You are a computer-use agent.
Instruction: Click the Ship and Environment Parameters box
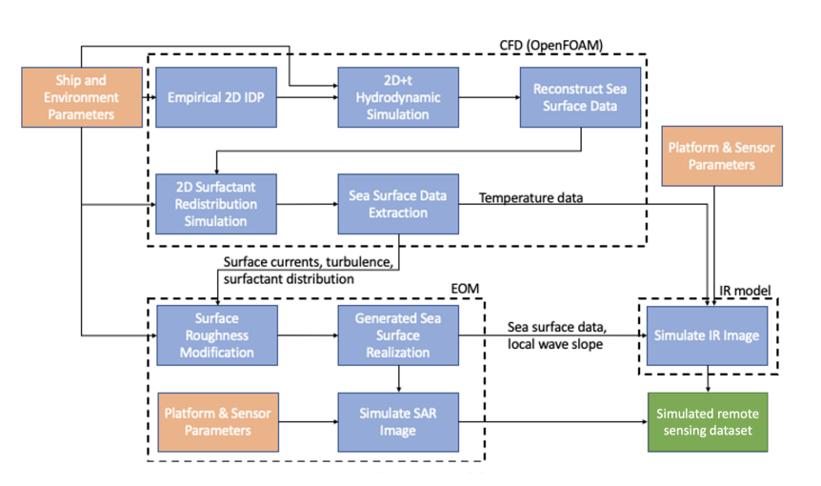[82, 97]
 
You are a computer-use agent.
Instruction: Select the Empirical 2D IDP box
[215, 97]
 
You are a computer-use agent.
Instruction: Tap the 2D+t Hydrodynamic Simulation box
[398, 97]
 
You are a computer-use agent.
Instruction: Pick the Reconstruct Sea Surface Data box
[580, 97]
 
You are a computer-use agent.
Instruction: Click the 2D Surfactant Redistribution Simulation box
[215, 204]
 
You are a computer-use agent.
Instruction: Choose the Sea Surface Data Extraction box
[398, 204]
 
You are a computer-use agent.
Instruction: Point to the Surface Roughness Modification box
[217, 335]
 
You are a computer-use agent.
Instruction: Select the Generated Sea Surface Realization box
[398, 335]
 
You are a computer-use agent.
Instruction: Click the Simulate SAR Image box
[398, 421]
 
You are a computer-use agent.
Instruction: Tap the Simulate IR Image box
[707, 335]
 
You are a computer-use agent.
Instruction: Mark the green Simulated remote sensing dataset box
[708, 421]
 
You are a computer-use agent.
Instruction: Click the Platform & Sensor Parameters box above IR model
[722, 155]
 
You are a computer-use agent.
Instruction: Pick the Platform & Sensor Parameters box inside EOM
[218, 421]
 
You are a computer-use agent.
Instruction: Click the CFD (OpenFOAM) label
[551, 46]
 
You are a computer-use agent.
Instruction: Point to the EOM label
[465, 289]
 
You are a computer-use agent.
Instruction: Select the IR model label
[745, 291]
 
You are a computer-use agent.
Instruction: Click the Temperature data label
[531, 198]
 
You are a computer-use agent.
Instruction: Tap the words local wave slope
[555, 344]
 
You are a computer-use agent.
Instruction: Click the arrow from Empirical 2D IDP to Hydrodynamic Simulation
[308, 97]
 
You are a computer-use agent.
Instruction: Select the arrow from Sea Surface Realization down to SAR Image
[398, 379]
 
